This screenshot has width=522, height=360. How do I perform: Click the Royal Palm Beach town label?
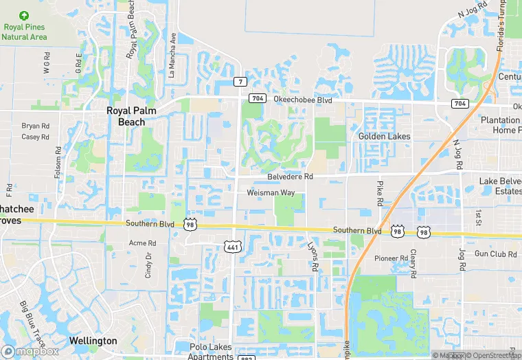126,115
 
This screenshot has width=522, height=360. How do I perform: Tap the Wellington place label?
93,341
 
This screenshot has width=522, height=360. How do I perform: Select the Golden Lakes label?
384,136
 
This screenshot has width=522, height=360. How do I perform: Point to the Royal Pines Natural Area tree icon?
25,15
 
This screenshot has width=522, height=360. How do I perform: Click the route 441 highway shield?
232,246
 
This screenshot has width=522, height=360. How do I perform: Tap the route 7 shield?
239,82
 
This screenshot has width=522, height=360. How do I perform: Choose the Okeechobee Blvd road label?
303,100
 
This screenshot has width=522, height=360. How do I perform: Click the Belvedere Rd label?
289,177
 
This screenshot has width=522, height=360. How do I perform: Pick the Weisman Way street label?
271,193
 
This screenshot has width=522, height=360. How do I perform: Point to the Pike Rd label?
378,193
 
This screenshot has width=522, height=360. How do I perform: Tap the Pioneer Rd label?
391,258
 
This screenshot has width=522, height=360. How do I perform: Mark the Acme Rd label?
143,243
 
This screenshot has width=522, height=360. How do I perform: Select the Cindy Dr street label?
148,265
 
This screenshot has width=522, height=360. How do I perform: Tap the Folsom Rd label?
58,165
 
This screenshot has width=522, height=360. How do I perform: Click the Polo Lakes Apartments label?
210,352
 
